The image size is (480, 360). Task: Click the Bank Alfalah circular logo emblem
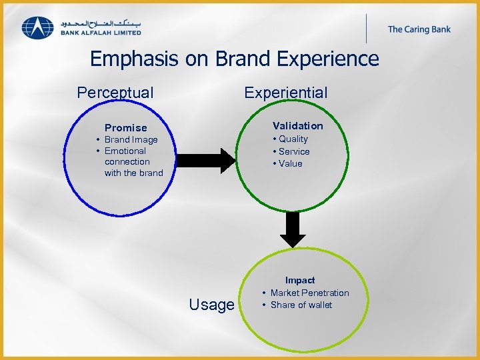pyautogui.click(x=38, y=27)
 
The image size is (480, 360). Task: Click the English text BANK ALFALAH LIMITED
pyautogui.click(x=101, y=32)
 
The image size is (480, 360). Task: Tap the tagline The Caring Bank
pyautogui.click(x=420, y=29)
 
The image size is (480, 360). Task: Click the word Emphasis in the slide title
pyautogui.click(x=135, y=59)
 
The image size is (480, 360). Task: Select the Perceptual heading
pyautogui.click(x=115, y=93)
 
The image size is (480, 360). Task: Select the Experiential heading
pyautogui.click(x=285, y=93)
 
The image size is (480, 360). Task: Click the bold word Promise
pyautogui.click(x=125, y=127)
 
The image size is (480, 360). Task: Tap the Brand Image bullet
pyautogui.click(x=131, y=139)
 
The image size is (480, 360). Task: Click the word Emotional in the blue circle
pyautogui.click(x=125, y=151)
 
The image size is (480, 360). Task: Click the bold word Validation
pyautogui.click(x=297, y=125)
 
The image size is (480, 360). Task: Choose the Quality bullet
pyautogui.click(x=293, y=139)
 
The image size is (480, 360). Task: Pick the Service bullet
pyautogui.click(x=293, y=151)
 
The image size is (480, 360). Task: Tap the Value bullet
pyautogui.click(x=290, y=163)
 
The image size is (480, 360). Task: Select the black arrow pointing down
pyautogui.click(x=291, y=229)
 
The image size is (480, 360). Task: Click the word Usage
pyautogui.click(x=211, y=305)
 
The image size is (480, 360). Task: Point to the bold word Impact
pyautogui.click(x=300, y=280)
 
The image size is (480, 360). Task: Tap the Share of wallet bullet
pyautogui.click(x=301, y=305)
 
